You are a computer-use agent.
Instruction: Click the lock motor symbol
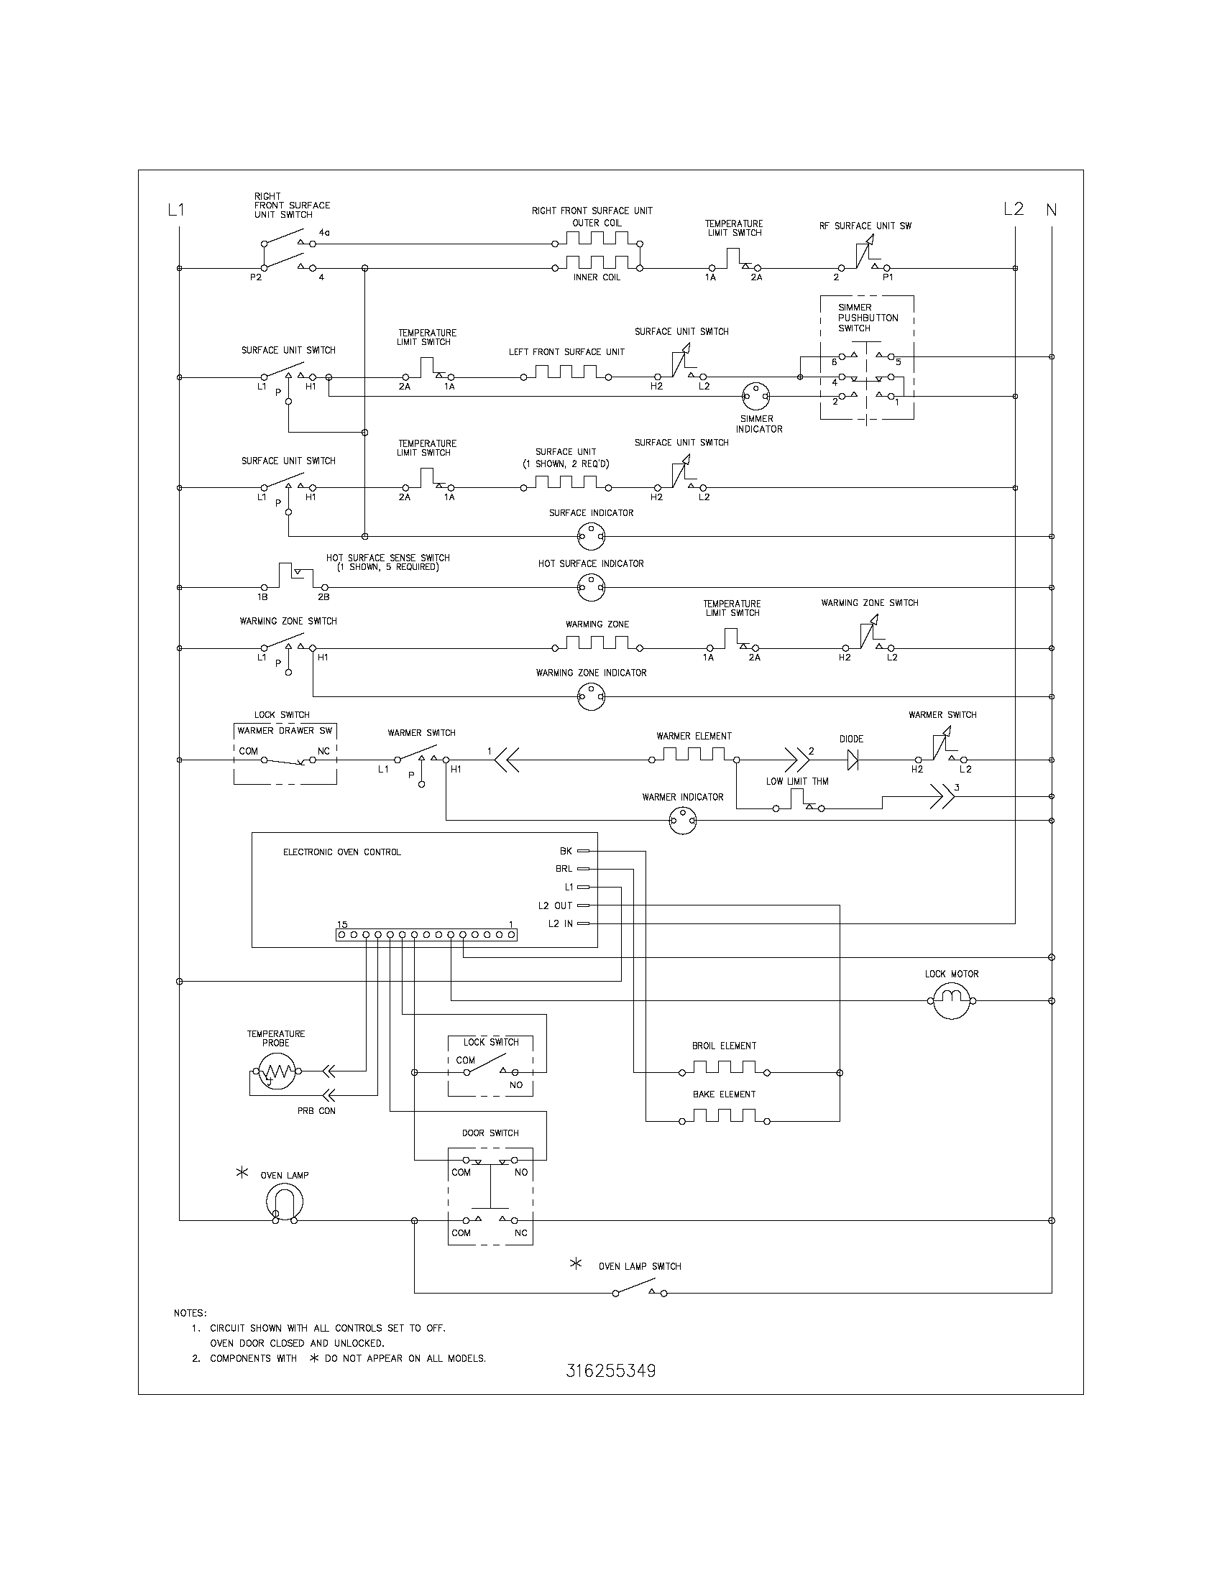[951, 1001]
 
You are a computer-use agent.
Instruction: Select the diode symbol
[852, 760]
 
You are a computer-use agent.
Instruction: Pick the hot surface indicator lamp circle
[591, 587]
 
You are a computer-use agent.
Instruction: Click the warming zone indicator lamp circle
[591, 697]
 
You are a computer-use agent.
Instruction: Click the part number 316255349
[611, 1371]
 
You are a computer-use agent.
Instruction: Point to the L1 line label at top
[176, 210]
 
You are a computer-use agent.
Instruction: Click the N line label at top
[1051, 210]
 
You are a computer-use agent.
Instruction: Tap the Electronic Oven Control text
[341, 852]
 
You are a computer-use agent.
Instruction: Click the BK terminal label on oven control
[566, 851]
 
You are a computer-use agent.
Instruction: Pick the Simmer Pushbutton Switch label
[868, 318]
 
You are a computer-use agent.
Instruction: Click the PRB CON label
[316, 1110]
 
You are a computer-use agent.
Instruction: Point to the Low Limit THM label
[797, 781]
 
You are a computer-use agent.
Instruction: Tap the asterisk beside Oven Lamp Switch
[576, 1264]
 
